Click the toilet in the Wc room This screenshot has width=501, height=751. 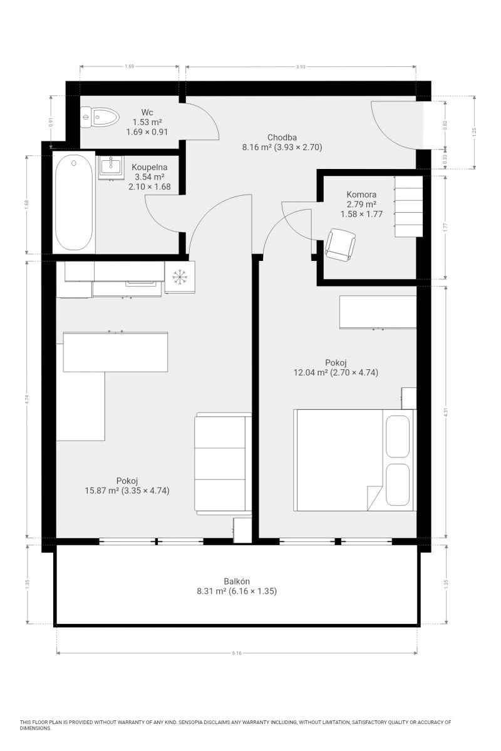tap(100, 117)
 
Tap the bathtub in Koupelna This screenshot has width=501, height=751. tap(74, 203)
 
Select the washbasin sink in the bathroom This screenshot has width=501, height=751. tap(111, 166)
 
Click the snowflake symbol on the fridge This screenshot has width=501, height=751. tap(180, 277)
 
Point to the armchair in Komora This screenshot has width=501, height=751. tap(340, 245)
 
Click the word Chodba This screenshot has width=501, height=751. tap(282, 137)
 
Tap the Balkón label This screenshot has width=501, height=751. tap(237, 581)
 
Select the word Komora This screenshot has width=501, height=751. tap(361, 195)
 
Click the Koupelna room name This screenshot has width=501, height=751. tap(149, 167)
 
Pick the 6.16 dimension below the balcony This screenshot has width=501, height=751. tap(237, 653)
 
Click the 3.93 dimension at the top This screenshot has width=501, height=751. tap(301, 67)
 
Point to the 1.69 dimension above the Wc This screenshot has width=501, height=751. tap(129, 66)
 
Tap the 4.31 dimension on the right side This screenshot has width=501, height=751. tap(446, 412)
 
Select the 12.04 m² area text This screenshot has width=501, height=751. tap(311, 372)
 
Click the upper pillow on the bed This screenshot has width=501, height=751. tap(398, 436)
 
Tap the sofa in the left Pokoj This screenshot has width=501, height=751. tap(223, 464)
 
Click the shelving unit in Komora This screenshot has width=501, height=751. tap(408, 206)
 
